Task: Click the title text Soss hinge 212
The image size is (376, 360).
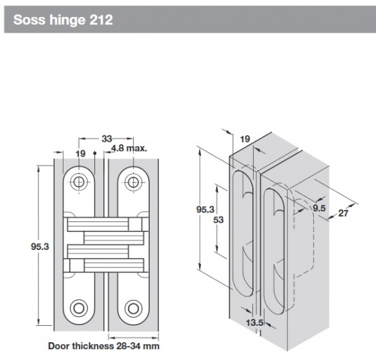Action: click(x=63, y=20)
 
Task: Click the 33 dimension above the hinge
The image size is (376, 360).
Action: click(x=107, y=139)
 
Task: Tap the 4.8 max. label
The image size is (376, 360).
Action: click(x=129, y=148)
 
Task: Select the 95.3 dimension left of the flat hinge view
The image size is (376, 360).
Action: click(x=40, y=247)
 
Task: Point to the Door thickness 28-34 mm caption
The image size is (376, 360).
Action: click(x=104, y=346)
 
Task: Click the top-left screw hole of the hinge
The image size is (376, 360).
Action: click(x=79, y=182)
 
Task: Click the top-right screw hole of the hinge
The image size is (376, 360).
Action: click(x=133, y=182)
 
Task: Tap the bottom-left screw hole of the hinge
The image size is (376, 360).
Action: click(x=79, y=308)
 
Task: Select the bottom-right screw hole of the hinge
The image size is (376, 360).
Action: click(x=133, y=308)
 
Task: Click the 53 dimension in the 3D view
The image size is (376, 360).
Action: click(x=218, y=219)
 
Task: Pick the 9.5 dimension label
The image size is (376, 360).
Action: click(x=319, y=208)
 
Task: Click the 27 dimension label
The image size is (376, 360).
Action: click(x=343, y=213)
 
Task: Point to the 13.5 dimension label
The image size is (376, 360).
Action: click(x=255, y=322)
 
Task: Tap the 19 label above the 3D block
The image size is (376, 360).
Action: click(x=245, y=139)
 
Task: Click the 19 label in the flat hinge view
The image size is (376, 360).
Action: click(x=81, y=154)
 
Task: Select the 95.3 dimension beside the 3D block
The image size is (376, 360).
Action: click(x=205, y=209)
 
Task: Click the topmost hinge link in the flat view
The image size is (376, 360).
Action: click(x=105, y=224)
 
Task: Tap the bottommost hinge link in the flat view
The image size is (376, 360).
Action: click(x=105, y=265)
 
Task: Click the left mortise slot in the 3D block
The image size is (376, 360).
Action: click(x=243, y=233)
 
